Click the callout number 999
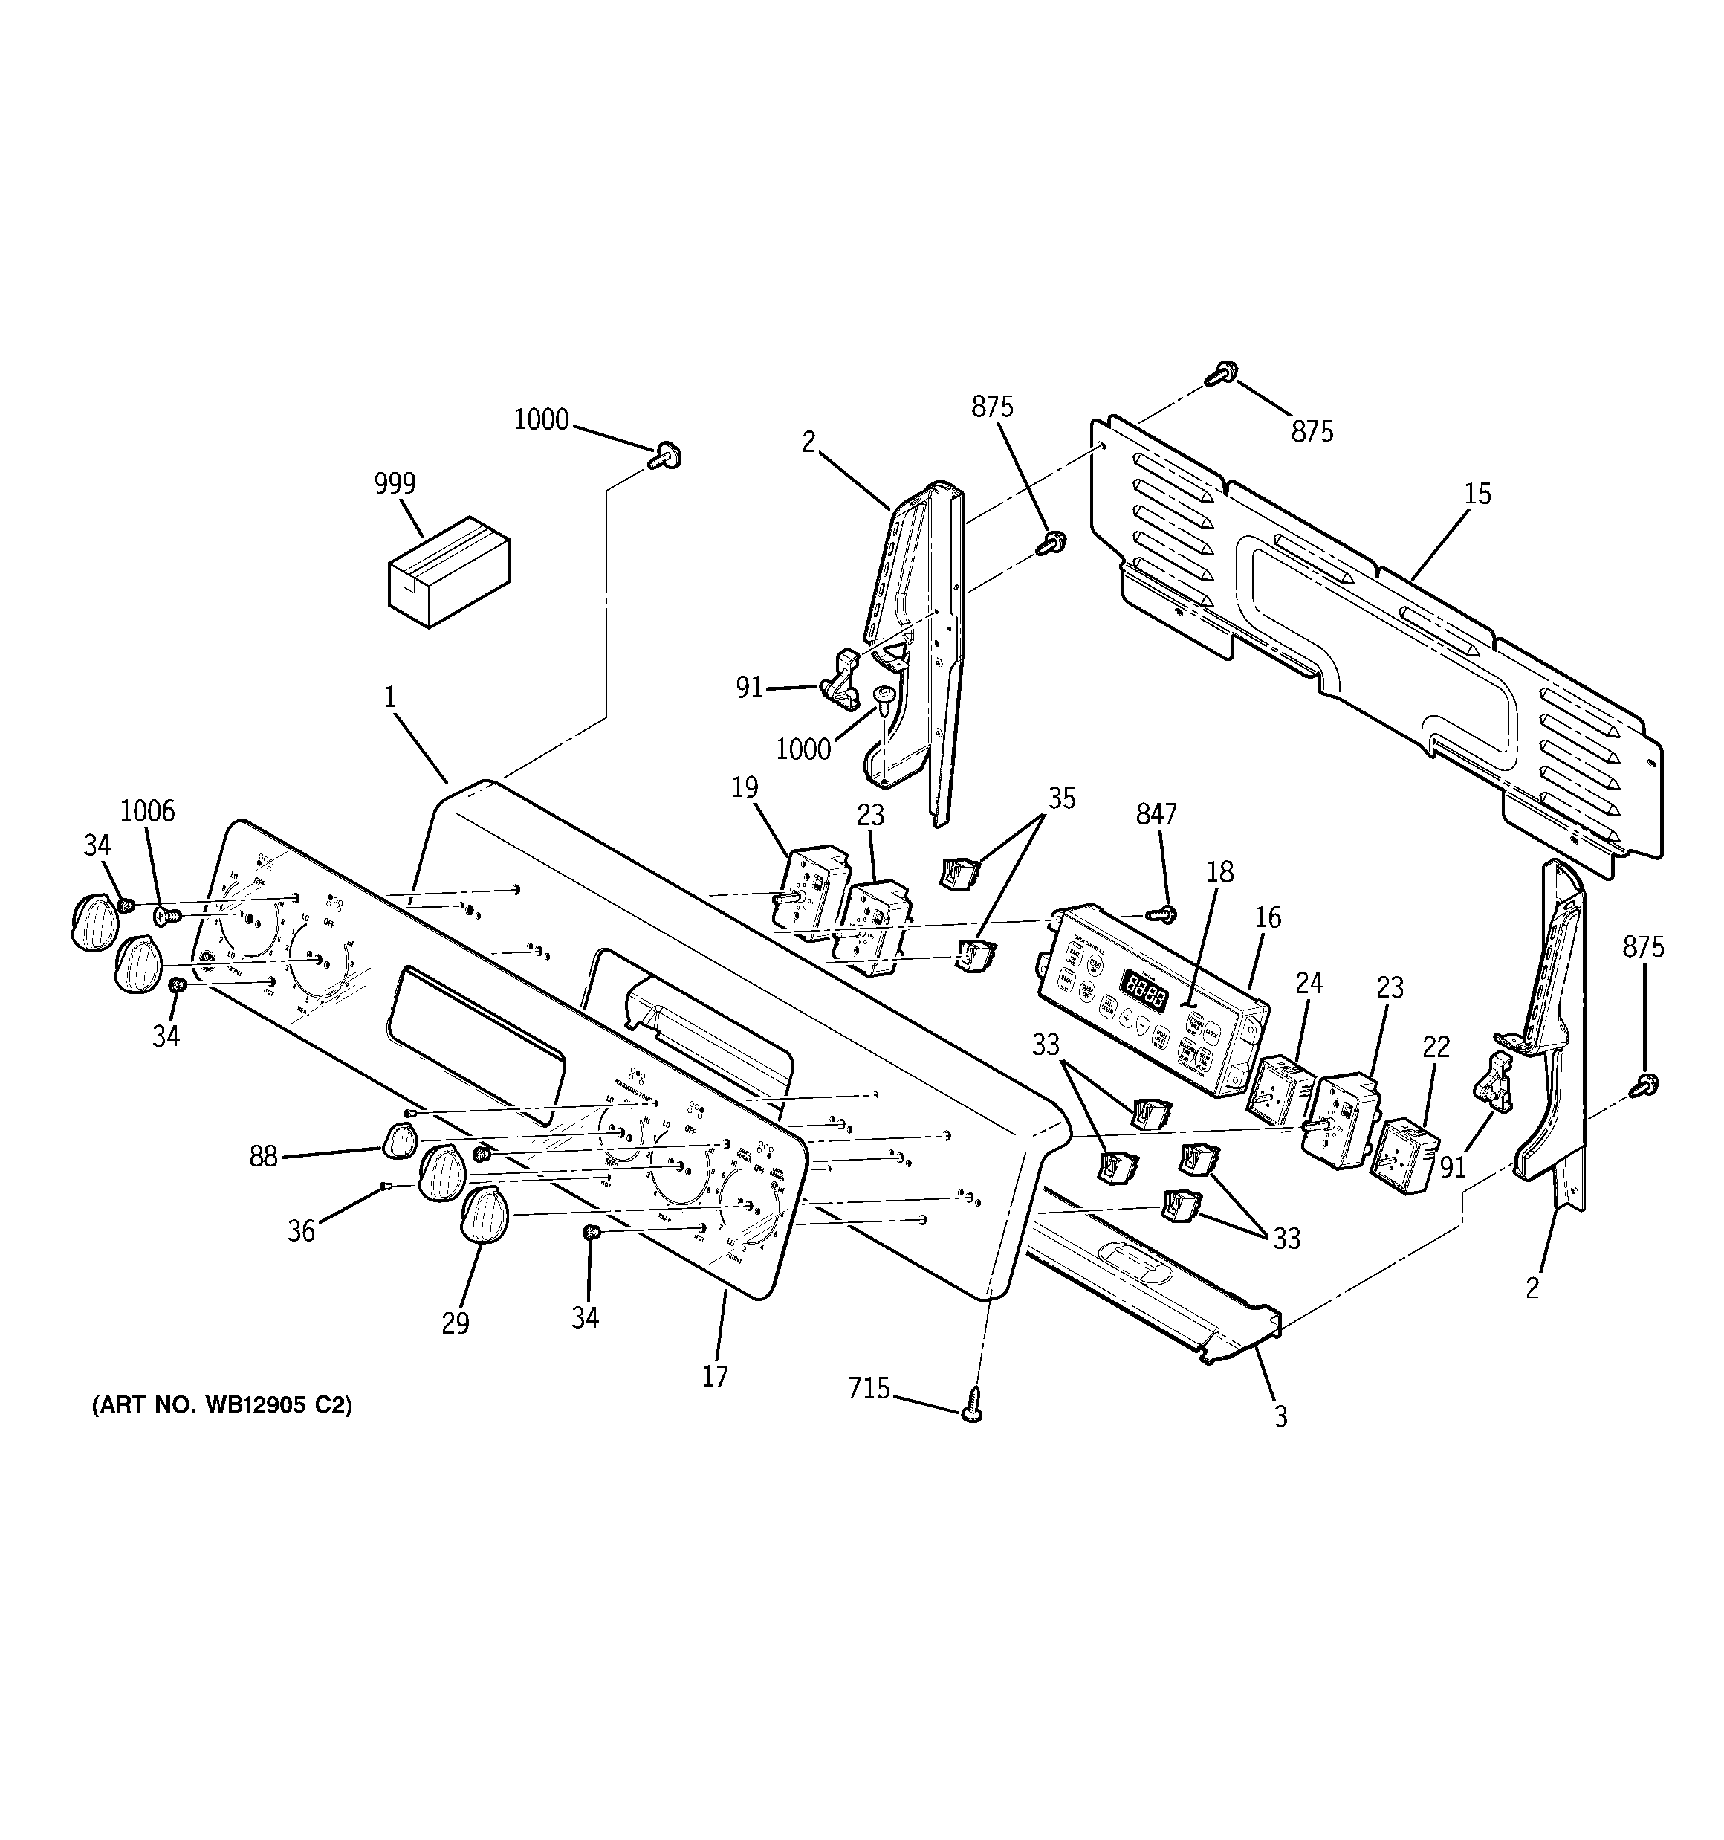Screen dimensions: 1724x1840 (x=395, y=483)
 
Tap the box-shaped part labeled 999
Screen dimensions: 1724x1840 (x=449, y=571)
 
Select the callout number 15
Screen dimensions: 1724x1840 (x=1478, y=494)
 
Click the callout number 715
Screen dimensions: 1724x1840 (x=869, y=1388)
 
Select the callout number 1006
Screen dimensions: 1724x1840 (x=147, y=811)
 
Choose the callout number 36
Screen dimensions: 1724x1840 (x=302, y=1231)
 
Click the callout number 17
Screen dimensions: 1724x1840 (x=714, y=1376)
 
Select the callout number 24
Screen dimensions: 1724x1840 (x=1309, y=984)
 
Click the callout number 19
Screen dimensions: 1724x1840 (x=745, y=787)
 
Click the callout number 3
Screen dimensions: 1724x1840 (x=1280, y=1416)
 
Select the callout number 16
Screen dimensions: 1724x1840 (x=1268, y=917)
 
